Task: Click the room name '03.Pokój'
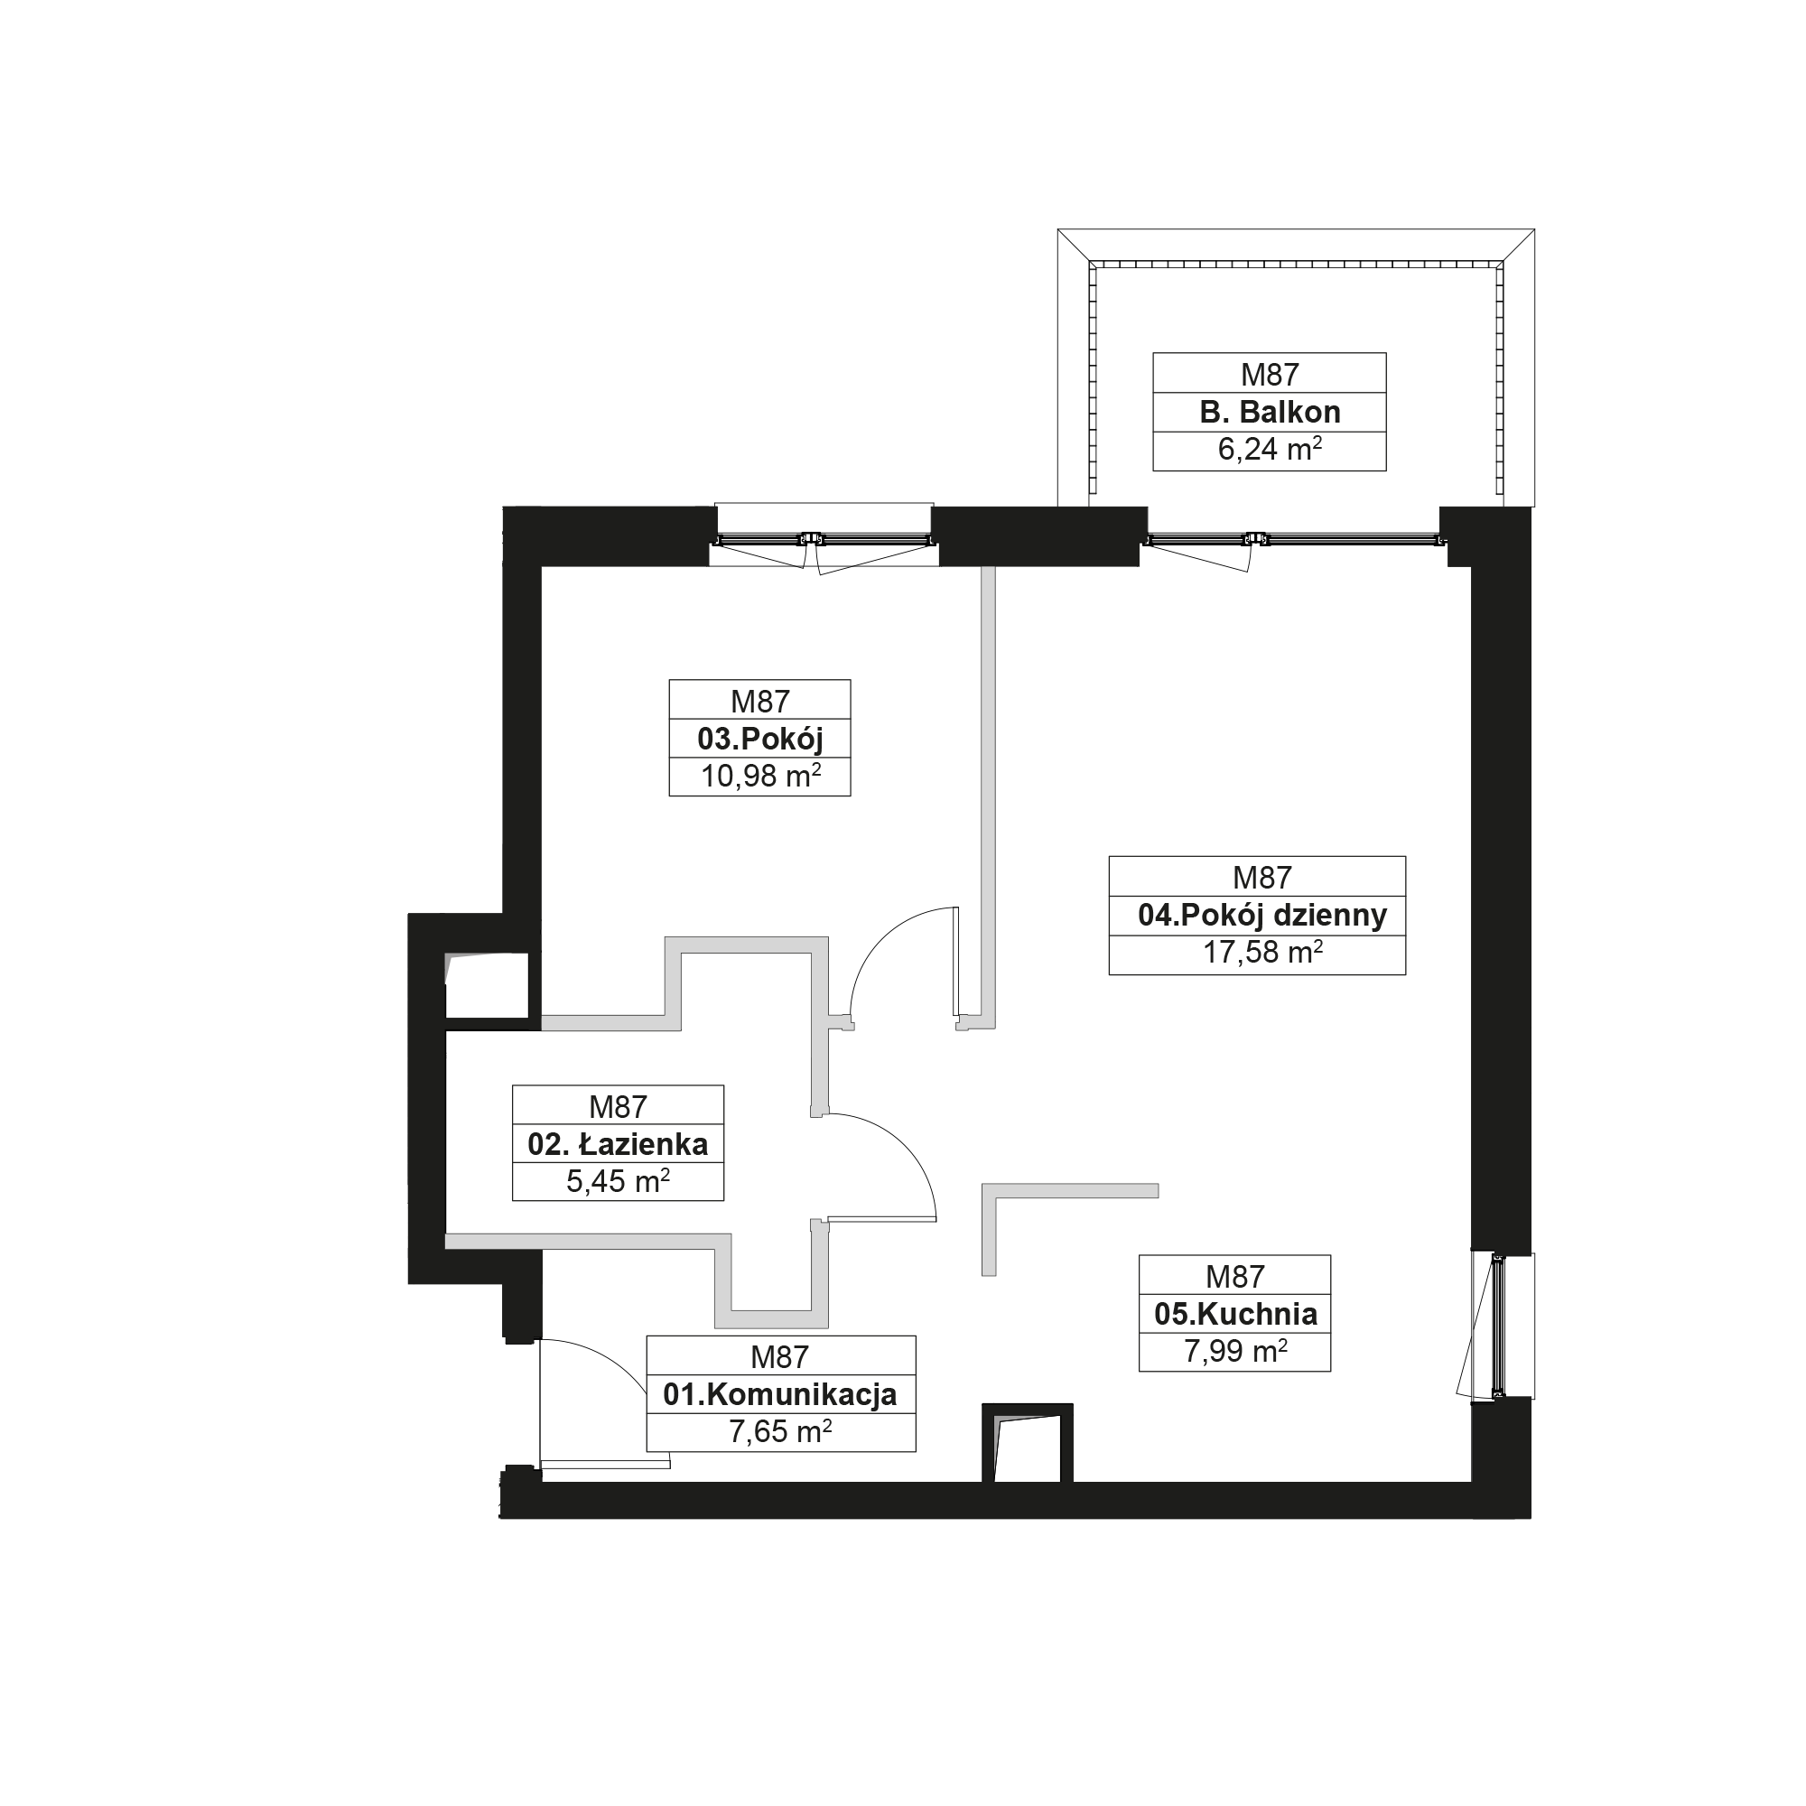[760, 740]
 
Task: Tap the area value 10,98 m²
[761, 776]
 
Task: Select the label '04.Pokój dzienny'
[1262, 915]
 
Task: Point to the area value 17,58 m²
[1262, 953]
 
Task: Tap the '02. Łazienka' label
[618, 1144]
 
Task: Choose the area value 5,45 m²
[618, 1181]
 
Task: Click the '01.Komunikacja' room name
[780, 1395]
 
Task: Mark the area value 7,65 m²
[780, 1432]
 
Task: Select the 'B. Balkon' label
[1270, 413]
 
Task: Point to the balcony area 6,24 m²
[1270, 450]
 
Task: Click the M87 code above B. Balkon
[1270, 375]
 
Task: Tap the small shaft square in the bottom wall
[1028, 1443]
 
